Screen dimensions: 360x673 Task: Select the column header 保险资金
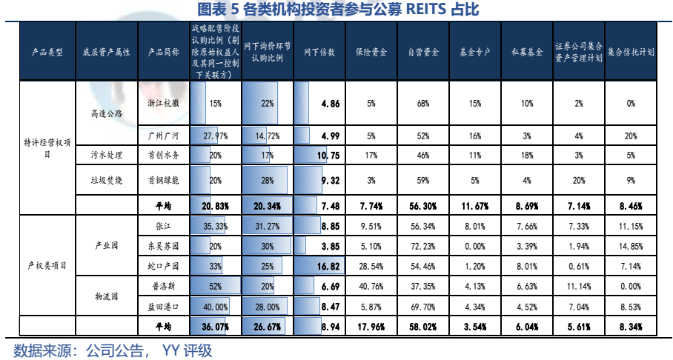(x=371, y=53)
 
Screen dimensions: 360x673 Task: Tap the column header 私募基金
(x=527, y=53)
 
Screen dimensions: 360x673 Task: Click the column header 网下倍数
(x=319, y=53)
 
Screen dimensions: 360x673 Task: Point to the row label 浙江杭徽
(x=164, y=104)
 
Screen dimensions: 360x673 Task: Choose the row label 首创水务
(x=164, y=156)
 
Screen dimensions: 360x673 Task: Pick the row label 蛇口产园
(x=164, y=264)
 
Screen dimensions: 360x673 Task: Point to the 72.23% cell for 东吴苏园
(x=423, y=246)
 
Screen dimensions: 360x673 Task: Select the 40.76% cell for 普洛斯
(x=371, y=286)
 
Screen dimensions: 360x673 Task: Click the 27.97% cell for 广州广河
(x=216, y=136)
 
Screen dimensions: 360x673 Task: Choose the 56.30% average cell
(x=423, y=205)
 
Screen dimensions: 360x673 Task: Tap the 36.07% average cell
(x=216, y=325)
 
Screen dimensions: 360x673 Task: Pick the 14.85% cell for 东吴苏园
(x=630, y=246)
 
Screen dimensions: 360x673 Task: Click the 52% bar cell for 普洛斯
(x=216, y=286)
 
